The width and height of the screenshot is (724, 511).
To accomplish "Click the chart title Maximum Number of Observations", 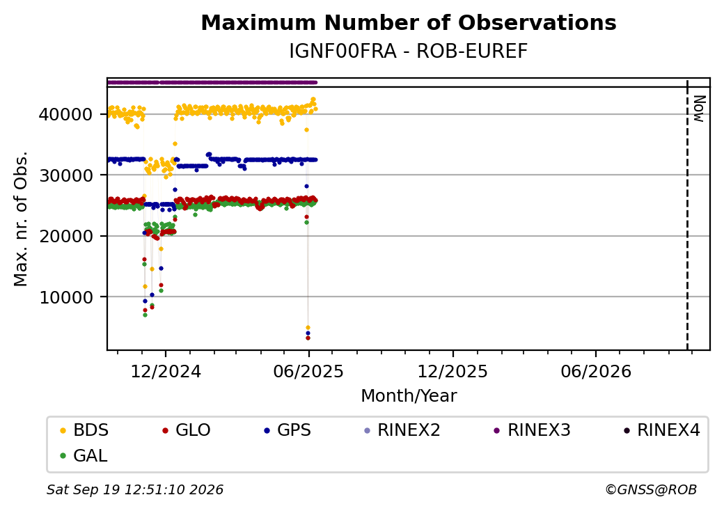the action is [x=409, y=22].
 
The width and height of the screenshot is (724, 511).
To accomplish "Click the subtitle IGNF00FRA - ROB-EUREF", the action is [x=408, y=52].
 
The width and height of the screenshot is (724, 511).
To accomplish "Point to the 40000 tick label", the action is [x=66, y=114].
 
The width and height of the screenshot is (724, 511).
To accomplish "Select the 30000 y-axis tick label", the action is [x=66, y=175].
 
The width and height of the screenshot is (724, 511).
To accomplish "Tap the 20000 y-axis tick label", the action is [x=66, y=236].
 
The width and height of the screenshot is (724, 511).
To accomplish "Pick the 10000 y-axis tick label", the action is [x=66, y=297].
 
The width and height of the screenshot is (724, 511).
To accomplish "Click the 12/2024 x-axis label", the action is [x=166, y=371].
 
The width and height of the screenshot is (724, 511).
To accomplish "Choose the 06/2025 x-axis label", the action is [x=308, y=371].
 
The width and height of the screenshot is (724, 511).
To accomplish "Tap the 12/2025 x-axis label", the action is [x=452, y=371].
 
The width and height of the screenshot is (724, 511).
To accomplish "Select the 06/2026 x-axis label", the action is [x=596, y=371].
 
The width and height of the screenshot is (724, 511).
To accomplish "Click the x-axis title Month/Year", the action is [x=409, y=395].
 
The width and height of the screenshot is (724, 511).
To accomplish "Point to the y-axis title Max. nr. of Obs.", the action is [x=21, y=219].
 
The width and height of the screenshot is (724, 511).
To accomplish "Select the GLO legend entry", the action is [x=187, y=430].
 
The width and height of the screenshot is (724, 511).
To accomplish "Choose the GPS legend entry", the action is [x=288, y=430].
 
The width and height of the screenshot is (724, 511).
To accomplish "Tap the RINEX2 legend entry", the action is [x=402, y=430].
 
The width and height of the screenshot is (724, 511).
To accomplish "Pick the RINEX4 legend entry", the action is [x=661, y=430].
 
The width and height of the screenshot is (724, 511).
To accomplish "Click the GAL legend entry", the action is [x=84, y=455].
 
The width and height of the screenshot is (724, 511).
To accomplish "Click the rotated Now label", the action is [x=700, y=109].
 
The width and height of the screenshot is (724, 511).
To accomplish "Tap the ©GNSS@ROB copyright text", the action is [x=651, y=489].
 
